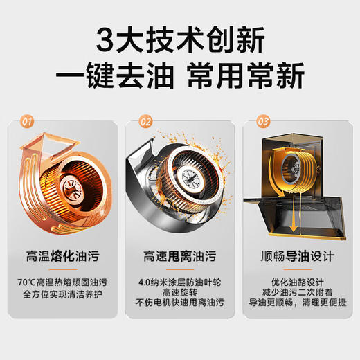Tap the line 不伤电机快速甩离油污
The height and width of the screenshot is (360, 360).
[180, 304]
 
